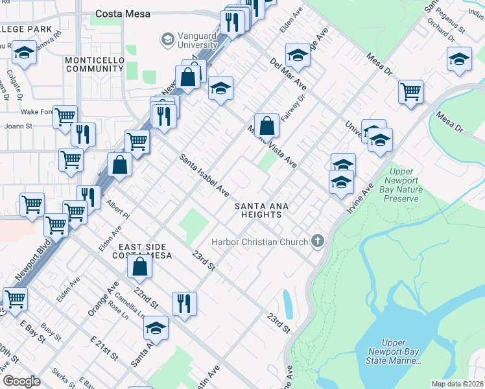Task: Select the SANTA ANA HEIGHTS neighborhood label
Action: pyautogui.click(x=261, y=211)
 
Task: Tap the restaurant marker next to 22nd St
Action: pyautogui.click(x=184, y=303)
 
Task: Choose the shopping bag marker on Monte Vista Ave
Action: pyautogui.click(x=266, y=125)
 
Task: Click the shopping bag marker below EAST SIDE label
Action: pyautogui.click(x=140, y=266)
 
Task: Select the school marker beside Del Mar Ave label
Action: pyautogui.click(x=298, y=55)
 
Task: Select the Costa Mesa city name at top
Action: pyautogui.click(x=123, y=13)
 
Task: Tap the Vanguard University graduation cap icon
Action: pyautogui.click(x=168, y=40)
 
